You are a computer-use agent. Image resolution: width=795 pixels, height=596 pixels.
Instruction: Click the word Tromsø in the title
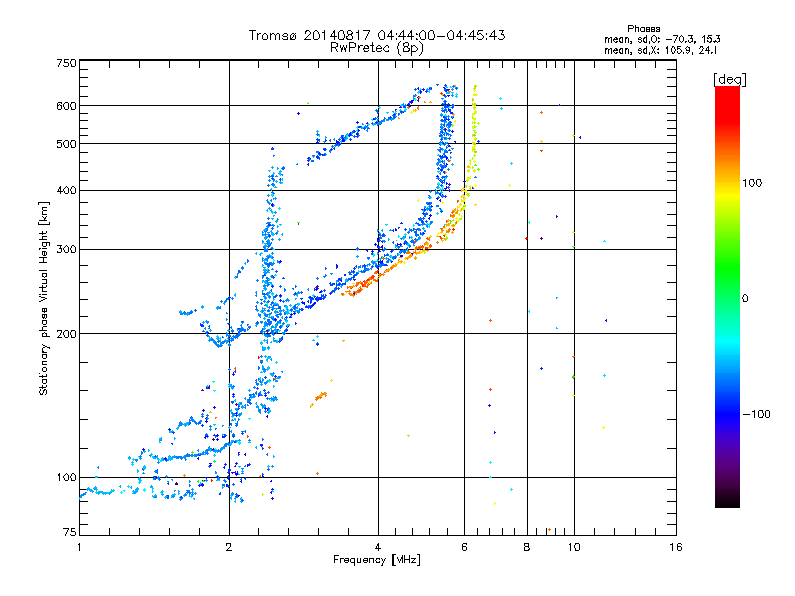coord(274,35)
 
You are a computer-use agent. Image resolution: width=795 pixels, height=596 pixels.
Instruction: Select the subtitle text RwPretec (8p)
coord(377,48)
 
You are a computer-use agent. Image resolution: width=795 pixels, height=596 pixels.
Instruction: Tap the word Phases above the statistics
coord(643,29)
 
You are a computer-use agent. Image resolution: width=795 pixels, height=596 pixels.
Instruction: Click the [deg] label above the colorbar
coord(729,80)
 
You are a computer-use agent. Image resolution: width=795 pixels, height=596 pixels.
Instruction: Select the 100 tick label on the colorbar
coord(752,183)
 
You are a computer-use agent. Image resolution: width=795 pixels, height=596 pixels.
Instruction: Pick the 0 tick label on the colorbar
coord(745,299)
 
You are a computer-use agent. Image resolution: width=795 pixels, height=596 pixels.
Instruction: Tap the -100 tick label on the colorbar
coord(757,414)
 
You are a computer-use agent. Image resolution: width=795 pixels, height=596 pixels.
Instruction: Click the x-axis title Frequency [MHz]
coord(377,560)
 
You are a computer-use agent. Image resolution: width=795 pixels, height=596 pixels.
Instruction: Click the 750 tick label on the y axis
coord(66,63)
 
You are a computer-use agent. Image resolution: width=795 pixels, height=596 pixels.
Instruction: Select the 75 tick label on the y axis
coord(70,532)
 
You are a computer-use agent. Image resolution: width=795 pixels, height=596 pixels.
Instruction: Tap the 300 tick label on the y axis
coord(66,250)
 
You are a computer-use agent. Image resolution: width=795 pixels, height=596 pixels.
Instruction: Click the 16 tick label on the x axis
coord(676,547)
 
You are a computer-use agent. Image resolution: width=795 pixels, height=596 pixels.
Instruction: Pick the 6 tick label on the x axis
coord(464,547)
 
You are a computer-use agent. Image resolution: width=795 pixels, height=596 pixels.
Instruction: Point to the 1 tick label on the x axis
coord(80,547)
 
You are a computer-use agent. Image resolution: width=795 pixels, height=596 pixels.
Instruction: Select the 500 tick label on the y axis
coord(66,144)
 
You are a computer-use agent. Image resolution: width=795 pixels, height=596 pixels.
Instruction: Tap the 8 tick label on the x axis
coord(527,547)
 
